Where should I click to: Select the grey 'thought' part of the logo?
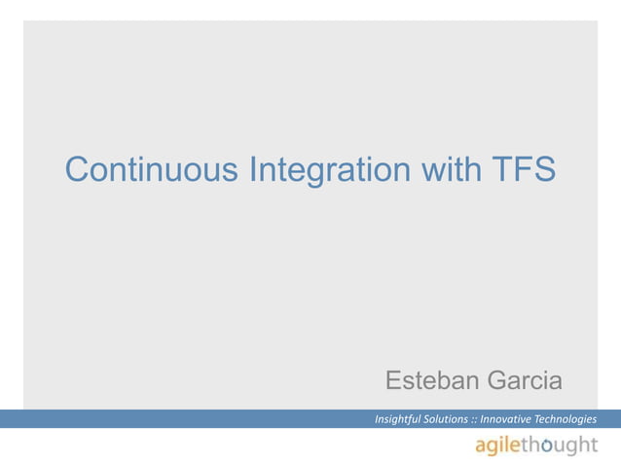tap(562, 445)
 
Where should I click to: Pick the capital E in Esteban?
tap(395, 379)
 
